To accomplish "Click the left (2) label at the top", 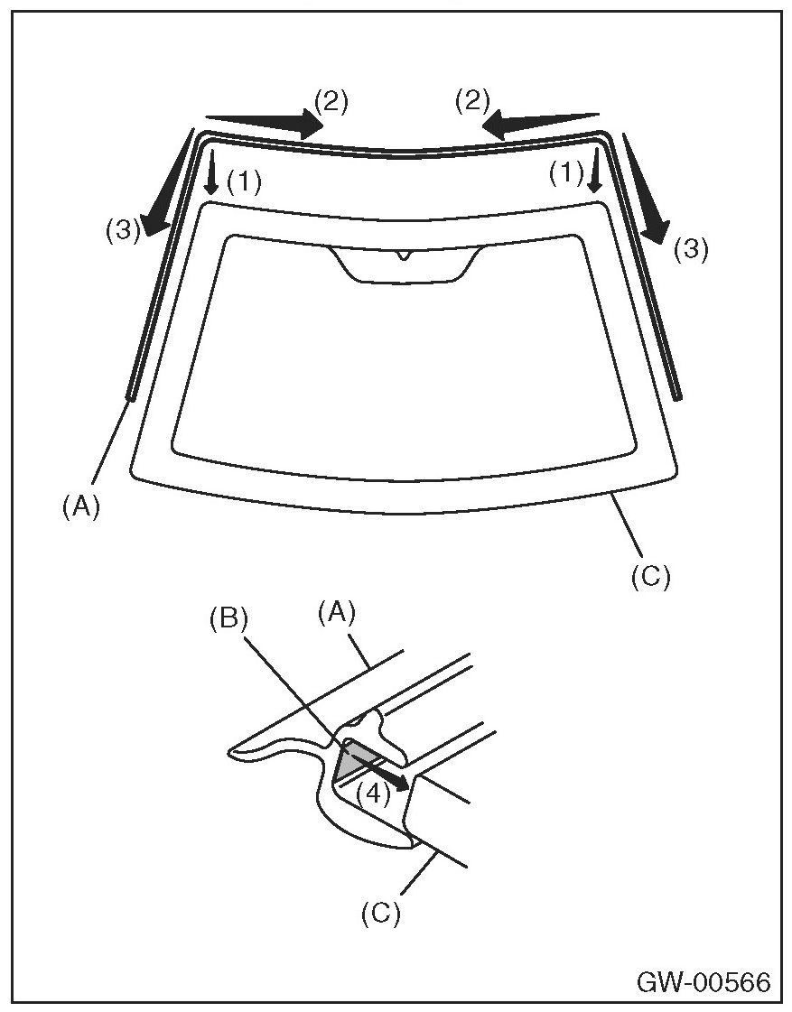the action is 330,101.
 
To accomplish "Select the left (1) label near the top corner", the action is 244,183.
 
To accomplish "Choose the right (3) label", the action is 691,249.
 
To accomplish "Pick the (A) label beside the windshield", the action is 80,507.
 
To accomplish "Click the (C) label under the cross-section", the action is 380,913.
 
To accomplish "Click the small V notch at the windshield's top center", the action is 401,255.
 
